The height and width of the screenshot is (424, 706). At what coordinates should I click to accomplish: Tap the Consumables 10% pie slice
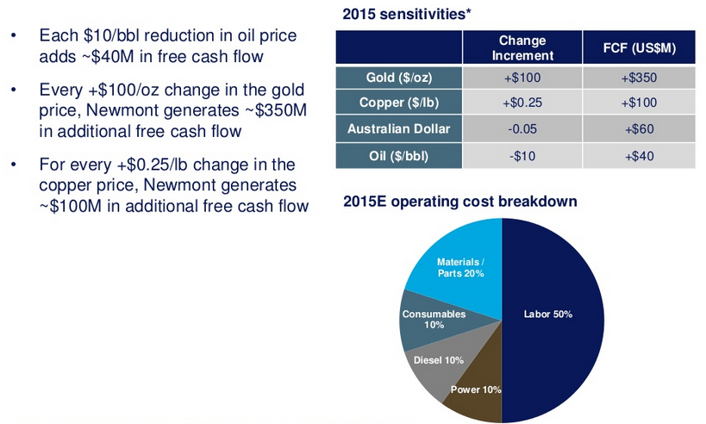pos(432,321)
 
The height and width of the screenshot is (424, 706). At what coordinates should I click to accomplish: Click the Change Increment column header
pos(522,47)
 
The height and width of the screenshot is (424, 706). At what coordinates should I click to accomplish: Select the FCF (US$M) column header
pos(640,47)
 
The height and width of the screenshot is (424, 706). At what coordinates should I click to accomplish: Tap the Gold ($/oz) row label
pos(399,78)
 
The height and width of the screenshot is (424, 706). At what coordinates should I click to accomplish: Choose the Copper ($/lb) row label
pos(399,103)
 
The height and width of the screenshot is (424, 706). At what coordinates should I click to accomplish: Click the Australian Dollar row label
pos(399,128)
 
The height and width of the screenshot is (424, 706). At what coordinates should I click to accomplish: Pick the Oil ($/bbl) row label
pos(399,156)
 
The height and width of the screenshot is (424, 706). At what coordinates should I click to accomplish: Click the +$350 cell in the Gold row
pos(640,78)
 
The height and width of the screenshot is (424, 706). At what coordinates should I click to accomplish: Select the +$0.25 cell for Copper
pos(522,103)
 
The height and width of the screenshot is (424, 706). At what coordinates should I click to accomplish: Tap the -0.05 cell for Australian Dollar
pos(522,128)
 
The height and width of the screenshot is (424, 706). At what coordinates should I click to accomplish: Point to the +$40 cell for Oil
pos(640,156)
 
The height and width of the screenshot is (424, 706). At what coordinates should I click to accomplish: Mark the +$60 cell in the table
pos(640,128)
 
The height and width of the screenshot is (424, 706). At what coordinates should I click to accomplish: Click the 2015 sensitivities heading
pos(407,14)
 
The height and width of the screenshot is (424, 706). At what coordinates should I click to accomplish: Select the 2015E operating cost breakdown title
pos(460,201)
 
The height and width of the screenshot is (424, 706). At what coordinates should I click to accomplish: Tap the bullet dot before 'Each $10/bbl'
pos(14,35)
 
